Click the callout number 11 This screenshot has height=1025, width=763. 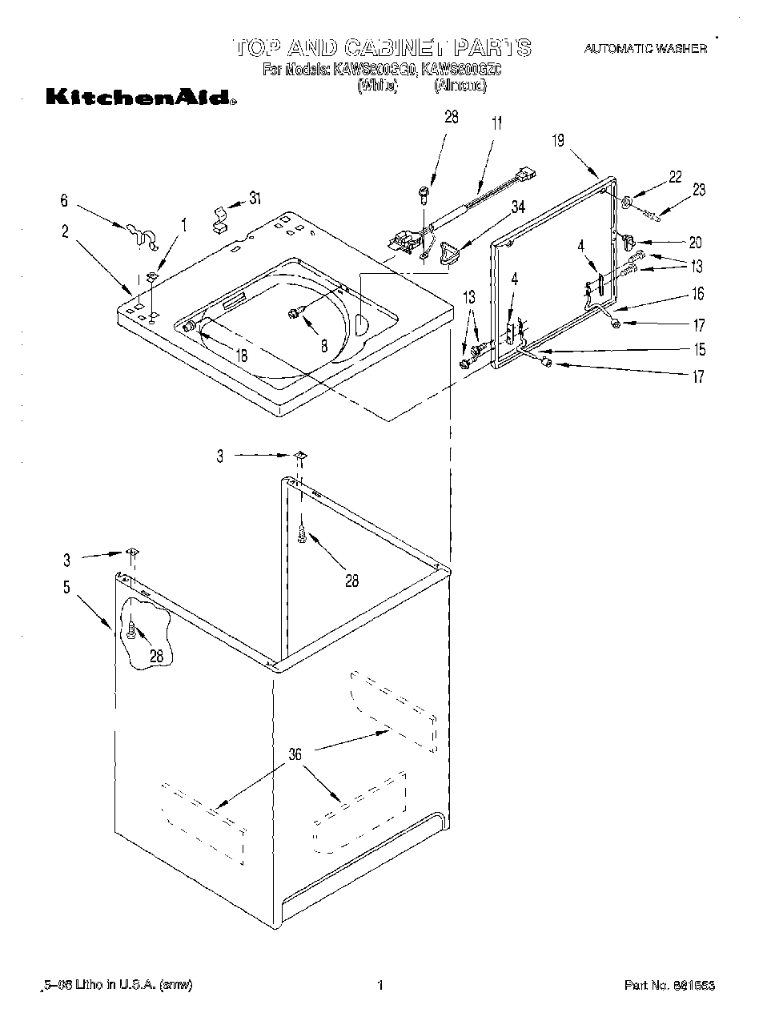(x=497, y=123)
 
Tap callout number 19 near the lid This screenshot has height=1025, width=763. (x=557, y=141)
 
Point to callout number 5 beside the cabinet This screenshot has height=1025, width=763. (x=67, y=587)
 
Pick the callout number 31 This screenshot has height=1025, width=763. (x=255, y=199)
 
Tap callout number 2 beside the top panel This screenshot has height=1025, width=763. (x=65, y=232)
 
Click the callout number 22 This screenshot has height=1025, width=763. (x=675, y=177)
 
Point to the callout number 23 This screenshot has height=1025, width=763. (x=699, y=190)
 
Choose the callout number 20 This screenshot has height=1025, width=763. (x=695, y=243)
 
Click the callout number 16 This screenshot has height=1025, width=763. (x=698, y=294)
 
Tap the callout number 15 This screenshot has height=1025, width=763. (x=699, y=349)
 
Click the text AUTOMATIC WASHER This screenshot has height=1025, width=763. (x=645, y=49)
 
